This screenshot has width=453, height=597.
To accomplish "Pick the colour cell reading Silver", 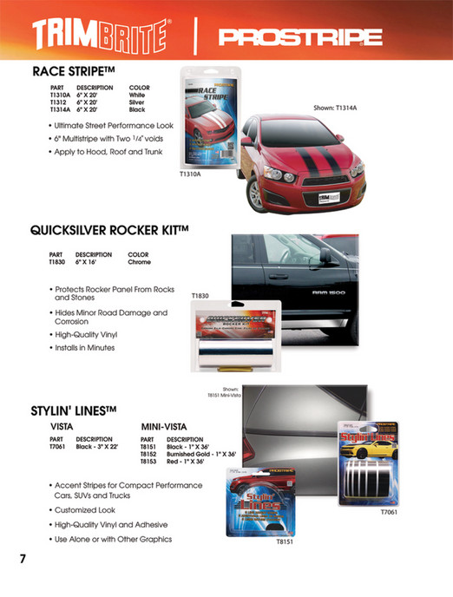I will tap(137, 103).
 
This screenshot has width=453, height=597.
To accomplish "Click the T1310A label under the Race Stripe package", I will tap(190, 174).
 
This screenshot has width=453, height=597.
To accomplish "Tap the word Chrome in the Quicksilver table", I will tap(139, 261).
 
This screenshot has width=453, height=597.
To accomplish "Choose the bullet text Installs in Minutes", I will tap(84, 348).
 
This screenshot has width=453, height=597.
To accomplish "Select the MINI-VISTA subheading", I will tap(164, 427).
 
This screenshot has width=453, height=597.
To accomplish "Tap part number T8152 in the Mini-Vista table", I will tap(148, 454).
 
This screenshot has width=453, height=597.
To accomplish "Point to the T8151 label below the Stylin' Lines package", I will tap(286, 566).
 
